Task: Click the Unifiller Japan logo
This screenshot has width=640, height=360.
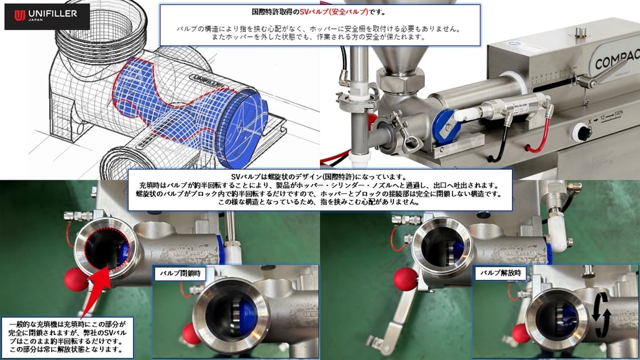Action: [47, 16]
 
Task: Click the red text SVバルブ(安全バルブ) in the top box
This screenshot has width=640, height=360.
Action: [334, 12]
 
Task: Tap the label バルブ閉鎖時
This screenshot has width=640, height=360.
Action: [180, 274]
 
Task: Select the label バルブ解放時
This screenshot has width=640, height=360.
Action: [500, 273]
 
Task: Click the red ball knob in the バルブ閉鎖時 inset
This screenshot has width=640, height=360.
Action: [191, 333]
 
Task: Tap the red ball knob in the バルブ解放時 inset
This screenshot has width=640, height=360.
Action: [521, 333]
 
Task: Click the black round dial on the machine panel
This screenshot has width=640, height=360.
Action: [582, 132]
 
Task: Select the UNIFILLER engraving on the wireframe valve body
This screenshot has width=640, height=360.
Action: [208, 81]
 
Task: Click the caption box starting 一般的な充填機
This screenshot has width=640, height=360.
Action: [67, 337]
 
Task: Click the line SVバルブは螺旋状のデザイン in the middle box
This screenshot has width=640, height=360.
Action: [319, 177]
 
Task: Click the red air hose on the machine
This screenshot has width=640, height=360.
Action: [539, 134]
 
